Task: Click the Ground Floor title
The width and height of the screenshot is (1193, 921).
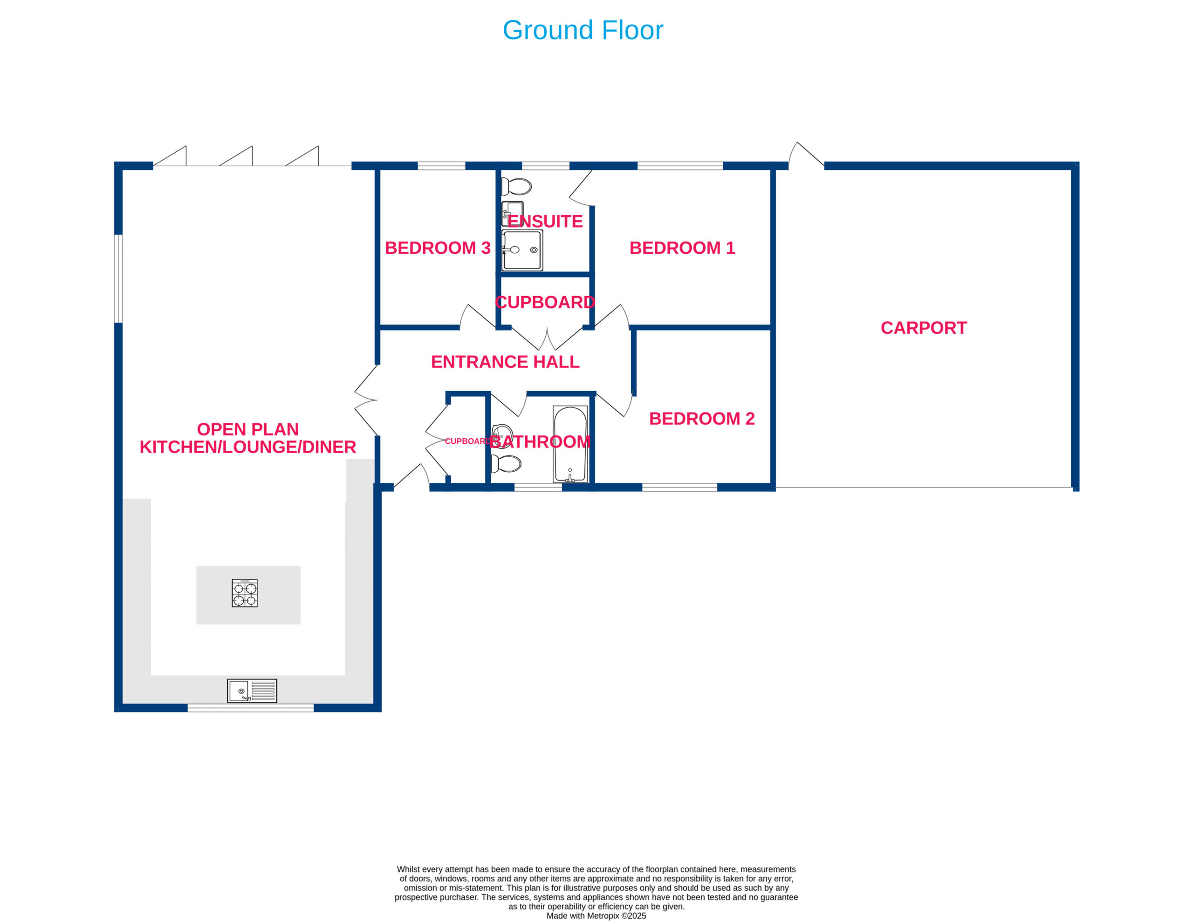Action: pyautogui.click(x=583, y=30)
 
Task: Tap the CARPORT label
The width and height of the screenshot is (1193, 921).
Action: pyautogui.click(x=924, y=328)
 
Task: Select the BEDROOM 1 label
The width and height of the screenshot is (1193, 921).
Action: pyautogui.click(x=682, y=248)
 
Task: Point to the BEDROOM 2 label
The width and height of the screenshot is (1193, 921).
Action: pyautogui.click(x=702, y=419)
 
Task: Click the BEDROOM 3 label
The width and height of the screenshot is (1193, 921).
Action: pyautogui.click(x=438, y=248)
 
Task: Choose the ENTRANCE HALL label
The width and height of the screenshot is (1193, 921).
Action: pyautogui.click(x=505, y=362)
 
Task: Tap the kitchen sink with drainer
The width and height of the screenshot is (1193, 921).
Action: pyautogui.click(x=252, y=691)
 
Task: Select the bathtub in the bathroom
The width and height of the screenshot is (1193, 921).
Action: pyautogui.click(x=570, y=444)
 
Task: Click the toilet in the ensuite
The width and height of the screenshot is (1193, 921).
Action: pyautogui.click(x=516, y=187)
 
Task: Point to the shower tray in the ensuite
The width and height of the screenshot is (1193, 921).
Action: pyautogui.click(x=522, y=250)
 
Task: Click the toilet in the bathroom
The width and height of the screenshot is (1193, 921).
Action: pyautogui.click(x=506, y=463)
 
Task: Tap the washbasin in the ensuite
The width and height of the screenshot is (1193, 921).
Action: pyautogui.click(x=512, y=213)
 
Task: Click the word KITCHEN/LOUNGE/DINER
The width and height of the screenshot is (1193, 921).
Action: pyautogui.click(x=248, y=447)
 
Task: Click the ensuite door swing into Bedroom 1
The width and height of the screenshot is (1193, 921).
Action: pyautogui.click(x=581, y=189)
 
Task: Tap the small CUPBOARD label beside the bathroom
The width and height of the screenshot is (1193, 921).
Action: pyautogui.click(x=467, y=441)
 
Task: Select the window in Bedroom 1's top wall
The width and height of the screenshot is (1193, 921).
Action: pyautogui.click(x=680, y=166)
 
